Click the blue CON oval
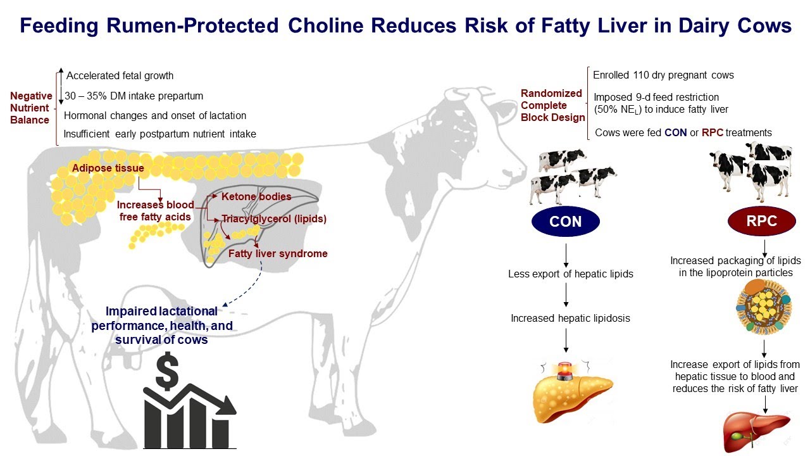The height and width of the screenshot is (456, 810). click(x=565, y=222)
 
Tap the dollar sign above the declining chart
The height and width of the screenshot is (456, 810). click(x=167, y=374)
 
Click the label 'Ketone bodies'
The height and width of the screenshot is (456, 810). click(x=256, y=197)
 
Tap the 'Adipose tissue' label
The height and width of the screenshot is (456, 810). click(x=108, y=168)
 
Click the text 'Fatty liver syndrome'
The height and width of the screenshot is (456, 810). click(x=278, y=253)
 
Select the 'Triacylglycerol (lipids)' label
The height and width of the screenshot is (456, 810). click(x=274, y=219)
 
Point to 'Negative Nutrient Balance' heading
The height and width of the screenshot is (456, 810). click(x=31, y=108)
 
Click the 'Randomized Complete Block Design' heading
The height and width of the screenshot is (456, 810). click(x=552, y=105)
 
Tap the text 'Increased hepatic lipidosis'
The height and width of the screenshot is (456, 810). click(x=570, y=318)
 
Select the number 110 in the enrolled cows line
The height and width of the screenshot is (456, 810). click(x=643, y=75)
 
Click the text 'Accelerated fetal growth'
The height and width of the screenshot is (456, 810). click(x=120, y=76)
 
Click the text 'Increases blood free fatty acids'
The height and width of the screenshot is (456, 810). click(x=155, y=211)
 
